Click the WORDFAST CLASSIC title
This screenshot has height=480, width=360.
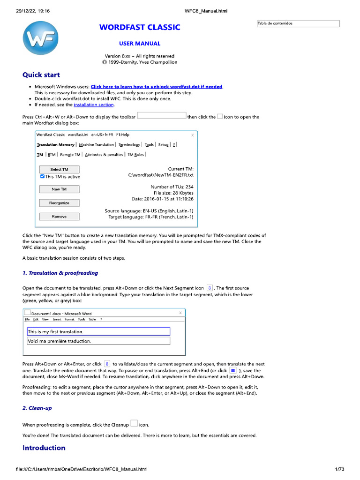tap(140, 27)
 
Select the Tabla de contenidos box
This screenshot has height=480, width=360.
tap(298, 23)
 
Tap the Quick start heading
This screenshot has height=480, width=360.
tap(41, 75)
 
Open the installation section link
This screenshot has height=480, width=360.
tap(94, 105)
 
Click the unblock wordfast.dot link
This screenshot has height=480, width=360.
tap(157, 87)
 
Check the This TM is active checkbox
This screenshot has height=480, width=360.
tap(43, 177)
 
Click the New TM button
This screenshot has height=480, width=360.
tap(59, 189)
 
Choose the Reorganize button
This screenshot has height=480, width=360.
tap(59, 203)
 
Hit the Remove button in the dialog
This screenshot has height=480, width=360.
tap(59, 217)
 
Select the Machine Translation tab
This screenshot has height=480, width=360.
tap(96, 145)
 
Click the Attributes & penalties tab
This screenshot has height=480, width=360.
tap(104, 154)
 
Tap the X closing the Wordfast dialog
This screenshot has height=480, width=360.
tap(193, 135)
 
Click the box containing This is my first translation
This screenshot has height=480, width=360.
tap(98, 332)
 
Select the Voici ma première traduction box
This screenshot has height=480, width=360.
tap(98, 341)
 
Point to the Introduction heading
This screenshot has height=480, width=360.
tap(44, 448)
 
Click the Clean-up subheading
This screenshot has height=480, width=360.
tap(37, 408)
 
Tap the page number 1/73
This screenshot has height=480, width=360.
tap(340, 469)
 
